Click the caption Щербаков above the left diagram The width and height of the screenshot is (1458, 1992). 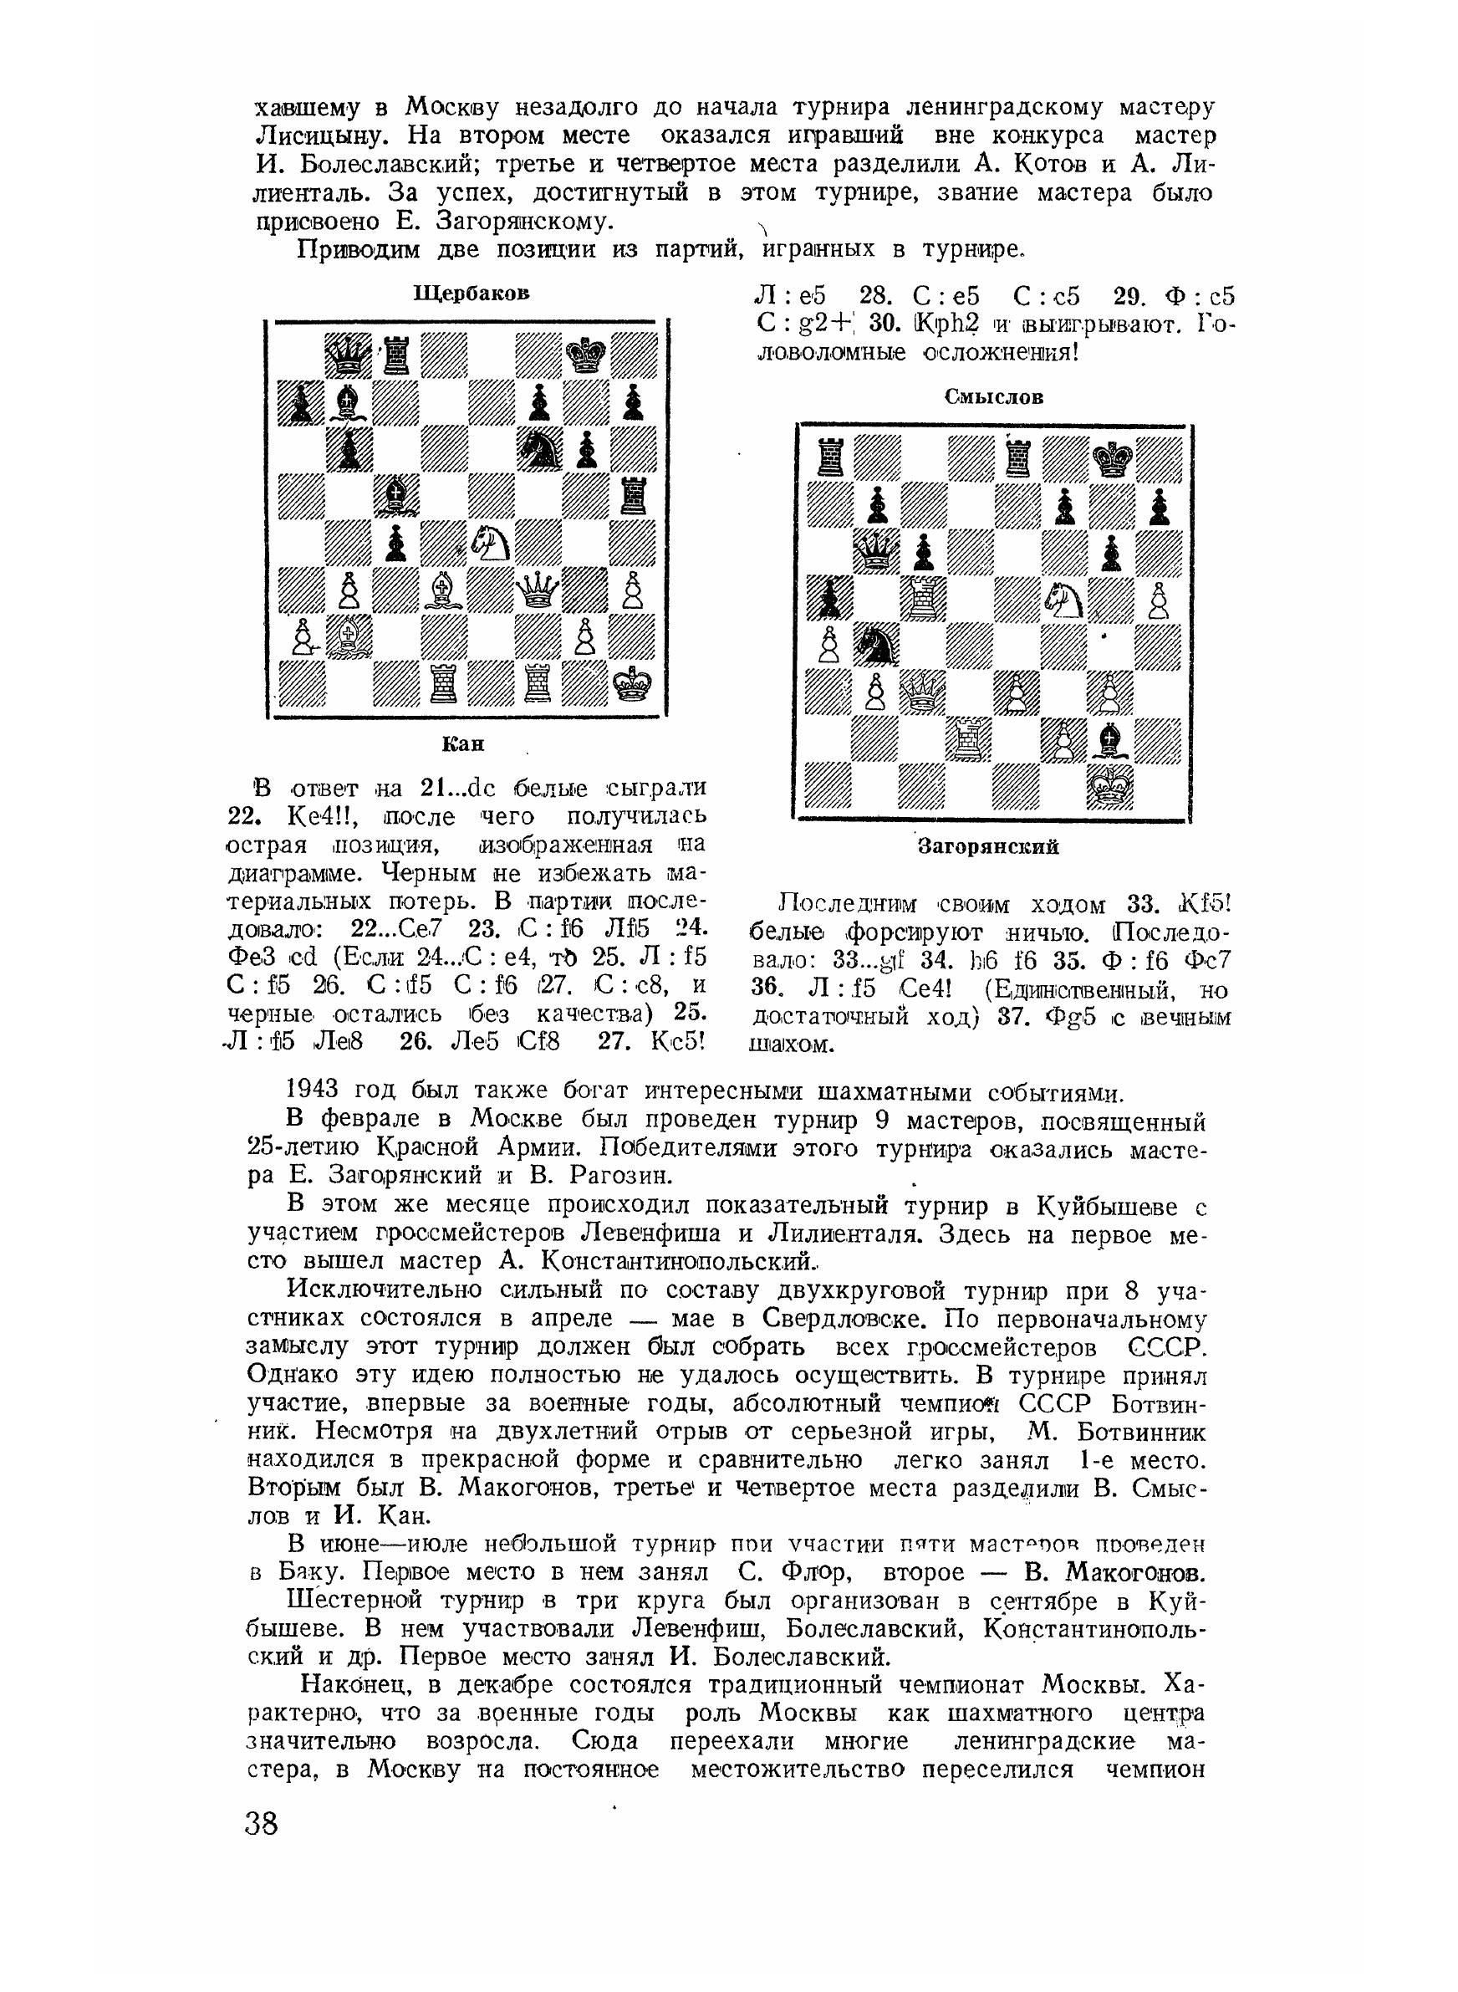(x=472, y=293)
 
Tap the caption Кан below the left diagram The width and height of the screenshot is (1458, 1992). (x=463, y=744)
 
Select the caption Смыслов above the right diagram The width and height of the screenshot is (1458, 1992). (x=995, y=397)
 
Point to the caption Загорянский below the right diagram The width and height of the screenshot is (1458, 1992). (x=988, y=847)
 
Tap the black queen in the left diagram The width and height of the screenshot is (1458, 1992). (x=349, y=357)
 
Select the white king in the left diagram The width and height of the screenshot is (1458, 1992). (x=633, y=682)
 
